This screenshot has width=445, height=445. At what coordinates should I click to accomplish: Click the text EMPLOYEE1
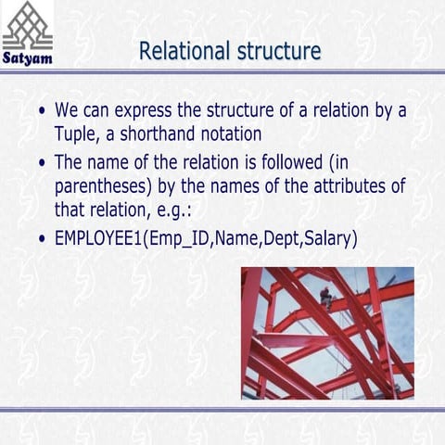pyautogui.click(x=101, y=238)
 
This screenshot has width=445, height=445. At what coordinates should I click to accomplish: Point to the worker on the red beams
pyautogui.click(x=326, y=297)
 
